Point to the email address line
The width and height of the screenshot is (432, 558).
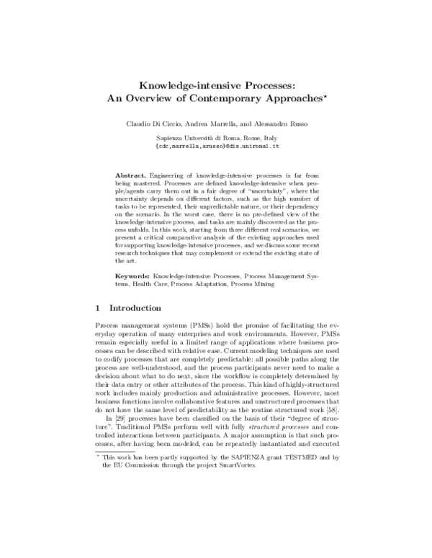217,145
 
